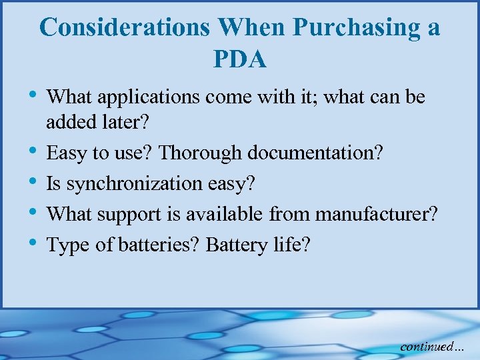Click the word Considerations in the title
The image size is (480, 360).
pos(125,27)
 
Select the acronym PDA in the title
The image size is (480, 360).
pos(240,60)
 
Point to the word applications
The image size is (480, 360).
pos(149,98)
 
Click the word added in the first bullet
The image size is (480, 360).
pos(70,122)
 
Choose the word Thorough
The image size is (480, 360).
pos(201,153)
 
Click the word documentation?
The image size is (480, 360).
pos(315,153)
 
